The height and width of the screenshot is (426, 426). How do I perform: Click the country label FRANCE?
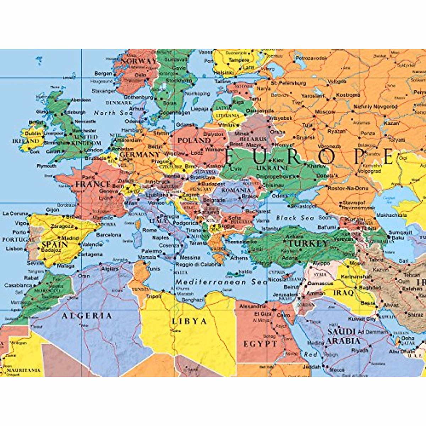point(93,184)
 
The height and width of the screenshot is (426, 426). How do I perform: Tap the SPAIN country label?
point(54,245)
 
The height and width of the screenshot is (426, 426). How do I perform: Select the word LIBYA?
point(189,321)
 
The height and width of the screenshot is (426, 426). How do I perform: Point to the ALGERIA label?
point(87,316)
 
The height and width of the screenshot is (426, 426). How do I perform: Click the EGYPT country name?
point(260,344)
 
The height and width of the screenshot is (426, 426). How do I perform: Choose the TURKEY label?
point(307,244)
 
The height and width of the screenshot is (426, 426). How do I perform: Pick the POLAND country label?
point(194,140)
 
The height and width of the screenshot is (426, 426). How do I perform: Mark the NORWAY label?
point(138,61)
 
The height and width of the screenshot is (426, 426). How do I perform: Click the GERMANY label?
point(140,155)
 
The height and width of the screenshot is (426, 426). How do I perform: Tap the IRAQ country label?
point(343,293)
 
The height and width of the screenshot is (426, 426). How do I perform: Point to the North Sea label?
point(113,113)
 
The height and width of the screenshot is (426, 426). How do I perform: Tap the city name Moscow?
point(325,112)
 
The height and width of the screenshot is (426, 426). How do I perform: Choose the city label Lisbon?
point(15,248)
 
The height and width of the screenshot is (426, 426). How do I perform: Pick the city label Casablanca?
point(18,285)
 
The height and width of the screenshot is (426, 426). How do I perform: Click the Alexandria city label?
point(252,306)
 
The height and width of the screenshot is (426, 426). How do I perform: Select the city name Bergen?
point(103,73)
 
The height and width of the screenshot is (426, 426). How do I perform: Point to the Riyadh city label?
point(360,350)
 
